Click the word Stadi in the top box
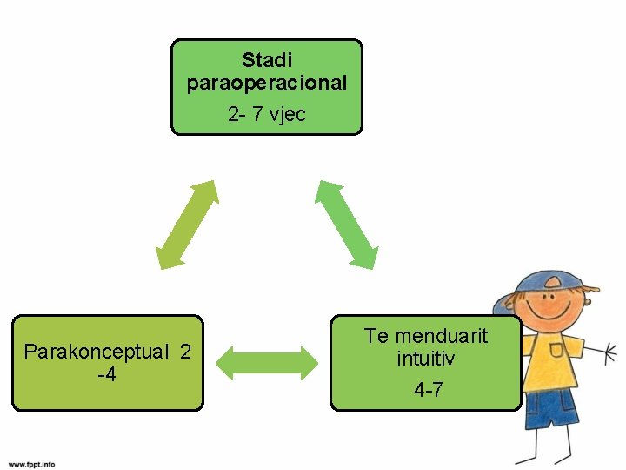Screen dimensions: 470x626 [x=267, y=61]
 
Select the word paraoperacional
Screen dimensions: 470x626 [x=267, y=84]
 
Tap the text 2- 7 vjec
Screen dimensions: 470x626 [x=267, y=114]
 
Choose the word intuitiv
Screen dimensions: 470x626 [x=426, y=358]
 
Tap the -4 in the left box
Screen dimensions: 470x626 [x=107, y=375]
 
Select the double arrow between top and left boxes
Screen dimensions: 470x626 [x=187, y=224]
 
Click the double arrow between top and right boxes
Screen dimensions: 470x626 [x=346, y=223]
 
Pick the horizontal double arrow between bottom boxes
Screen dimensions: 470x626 [x=267, y=362]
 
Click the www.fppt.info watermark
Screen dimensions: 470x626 [x=32, y=464]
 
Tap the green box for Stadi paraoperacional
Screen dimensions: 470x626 [x=266, y=87]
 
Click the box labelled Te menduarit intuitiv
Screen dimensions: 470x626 [x=426, y=363]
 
